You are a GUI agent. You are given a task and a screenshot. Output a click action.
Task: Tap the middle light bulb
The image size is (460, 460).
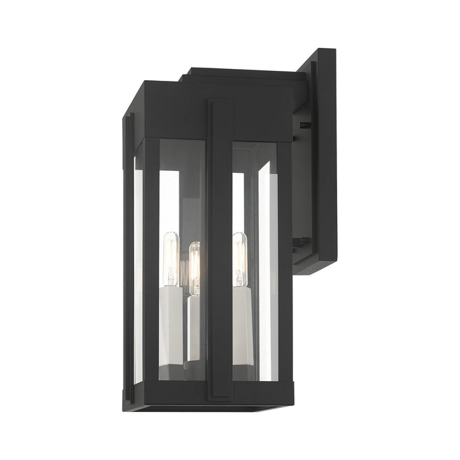(x=194, y=260)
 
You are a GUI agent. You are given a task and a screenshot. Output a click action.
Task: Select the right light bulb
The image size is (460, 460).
(x=240, y=250)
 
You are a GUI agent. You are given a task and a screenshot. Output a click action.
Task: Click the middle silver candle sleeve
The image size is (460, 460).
(x=194, y=322)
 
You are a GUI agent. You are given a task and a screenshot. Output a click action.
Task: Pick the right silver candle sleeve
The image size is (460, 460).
(x=241, y=315)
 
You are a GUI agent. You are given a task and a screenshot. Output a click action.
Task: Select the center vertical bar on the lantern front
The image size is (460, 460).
(x=220, y=250)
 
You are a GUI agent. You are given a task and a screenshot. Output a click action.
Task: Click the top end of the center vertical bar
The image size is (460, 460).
(x=220, y=104)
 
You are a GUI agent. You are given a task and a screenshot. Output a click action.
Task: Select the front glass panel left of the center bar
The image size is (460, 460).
(x=181, y=197)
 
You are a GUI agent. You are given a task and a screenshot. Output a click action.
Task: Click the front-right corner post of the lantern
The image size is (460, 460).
(x=284, y=263)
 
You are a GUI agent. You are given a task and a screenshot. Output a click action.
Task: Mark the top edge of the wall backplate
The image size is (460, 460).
(x=322, y=51)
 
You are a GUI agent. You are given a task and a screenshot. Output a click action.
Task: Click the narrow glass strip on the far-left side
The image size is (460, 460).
(x=137, y=276)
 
